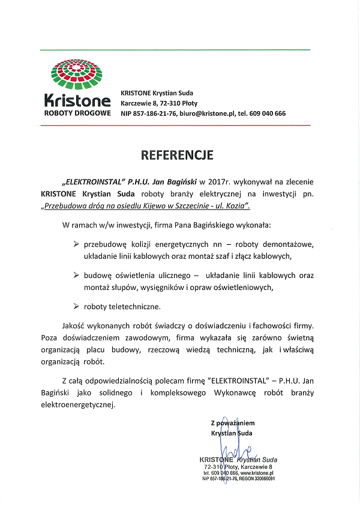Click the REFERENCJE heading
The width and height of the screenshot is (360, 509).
tap(177, 155)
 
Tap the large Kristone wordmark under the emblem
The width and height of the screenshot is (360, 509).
tap(77, 101)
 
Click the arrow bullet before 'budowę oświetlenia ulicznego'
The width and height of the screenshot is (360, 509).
tap(76, 275)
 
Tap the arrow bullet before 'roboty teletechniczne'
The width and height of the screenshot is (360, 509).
tap(76, 306)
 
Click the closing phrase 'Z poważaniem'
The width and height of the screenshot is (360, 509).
tap(233, 423)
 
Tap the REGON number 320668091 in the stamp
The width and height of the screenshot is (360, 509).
tap(261, 479)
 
